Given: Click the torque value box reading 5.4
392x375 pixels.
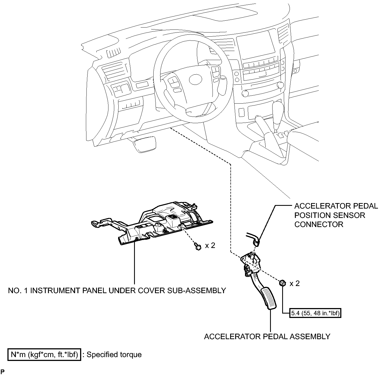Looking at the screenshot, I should click(315, 313).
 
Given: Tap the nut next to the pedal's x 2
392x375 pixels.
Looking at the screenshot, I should click(282, 283).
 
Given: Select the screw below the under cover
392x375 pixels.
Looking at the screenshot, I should click(197, 246).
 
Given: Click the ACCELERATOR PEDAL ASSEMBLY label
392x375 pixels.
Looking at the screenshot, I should click(267, 336).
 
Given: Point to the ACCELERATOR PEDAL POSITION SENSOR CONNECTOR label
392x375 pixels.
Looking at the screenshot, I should click(336, 215).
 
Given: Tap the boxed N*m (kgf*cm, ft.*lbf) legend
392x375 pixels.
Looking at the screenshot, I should click(44, 355).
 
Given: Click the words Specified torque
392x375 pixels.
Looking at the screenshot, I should click(114, 355).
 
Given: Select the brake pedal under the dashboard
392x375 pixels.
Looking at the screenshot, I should click(145, 145).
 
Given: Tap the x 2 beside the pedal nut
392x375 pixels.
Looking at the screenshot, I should click(295, 283).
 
